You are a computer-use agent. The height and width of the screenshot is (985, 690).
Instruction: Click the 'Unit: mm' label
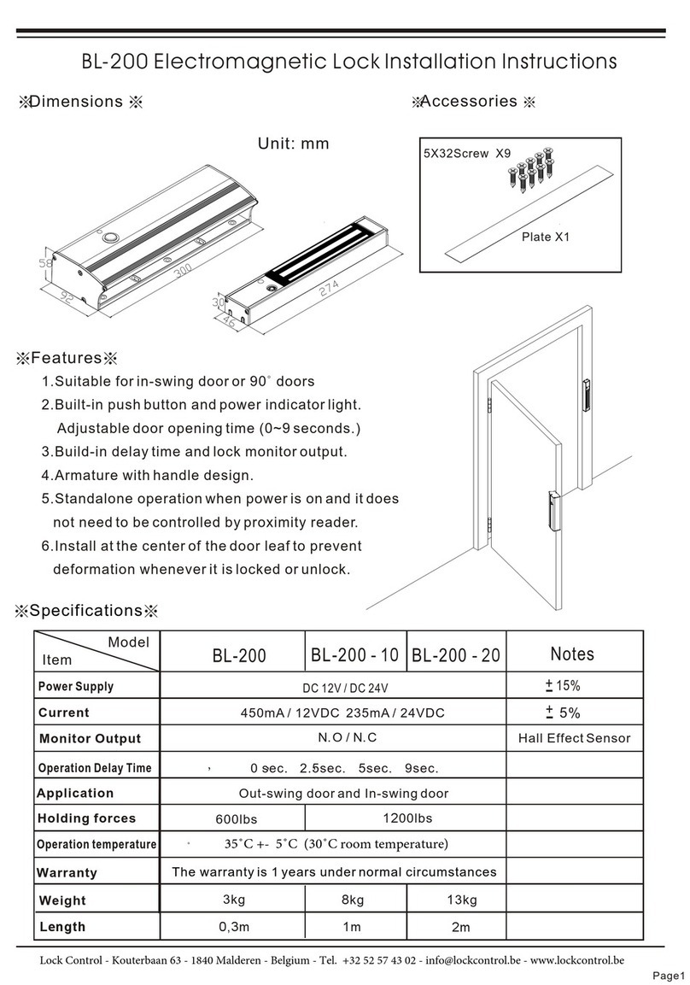293,144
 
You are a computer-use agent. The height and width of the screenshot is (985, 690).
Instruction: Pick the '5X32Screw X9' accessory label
467,155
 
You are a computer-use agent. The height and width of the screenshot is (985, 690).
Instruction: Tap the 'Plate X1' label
545,237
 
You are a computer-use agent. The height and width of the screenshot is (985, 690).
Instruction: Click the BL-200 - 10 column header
354,655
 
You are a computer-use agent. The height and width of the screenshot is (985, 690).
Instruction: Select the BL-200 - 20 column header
456,656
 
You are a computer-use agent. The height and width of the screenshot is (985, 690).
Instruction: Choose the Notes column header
571,654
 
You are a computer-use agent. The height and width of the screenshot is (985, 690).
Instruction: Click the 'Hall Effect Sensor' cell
574,738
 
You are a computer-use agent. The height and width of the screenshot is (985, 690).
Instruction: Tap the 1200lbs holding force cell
407,818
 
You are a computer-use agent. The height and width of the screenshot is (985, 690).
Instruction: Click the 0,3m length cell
232,927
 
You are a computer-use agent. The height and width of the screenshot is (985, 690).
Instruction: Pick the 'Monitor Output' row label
90,739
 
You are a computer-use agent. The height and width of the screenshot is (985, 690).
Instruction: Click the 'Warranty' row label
67,873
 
